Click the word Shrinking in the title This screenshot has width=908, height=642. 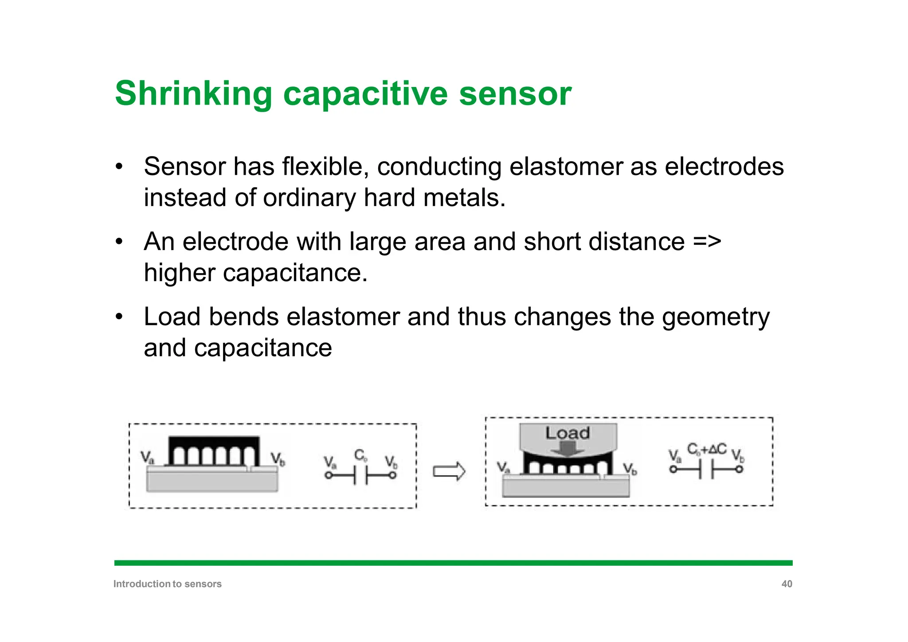(x=193, y=94)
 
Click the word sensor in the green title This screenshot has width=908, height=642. (x=515, y=94)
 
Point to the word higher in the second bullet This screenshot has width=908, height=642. (x=179, y=273)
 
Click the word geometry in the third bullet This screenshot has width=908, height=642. (x=716, y=317)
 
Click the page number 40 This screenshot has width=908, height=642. (x=787, y=584)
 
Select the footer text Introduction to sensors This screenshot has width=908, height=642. (x=167, y=584)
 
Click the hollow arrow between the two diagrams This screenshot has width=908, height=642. (x=449, y=471)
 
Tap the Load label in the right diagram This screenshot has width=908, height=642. (x=567, y=433)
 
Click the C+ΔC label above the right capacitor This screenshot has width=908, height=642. (x=707, y=449)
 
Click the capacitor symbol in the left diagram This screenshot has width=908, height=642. (x=360, y=475)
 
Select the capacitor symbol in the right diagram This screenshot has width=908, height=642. (x=706, y=469)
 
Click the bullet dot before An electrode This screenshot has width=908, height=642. (x=119, y=243)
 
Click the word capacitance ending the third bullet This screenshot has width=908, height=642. (x=263, y=348)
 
